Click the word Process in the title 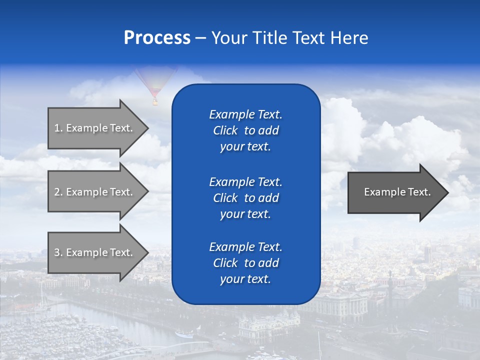(157, 38)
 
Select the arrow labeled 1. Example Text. (95, 128)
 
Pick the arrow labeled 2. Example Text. (95, 192)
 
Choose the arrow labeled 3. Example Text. (95, 252)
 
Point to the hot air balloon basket (155, 102)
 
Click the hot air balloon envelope (155, 80)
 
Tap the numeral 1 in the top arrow (57, 128)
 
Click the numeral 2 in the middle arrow (57, 192)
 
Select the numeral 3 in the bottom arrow (57, 252)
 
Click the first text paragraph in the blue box (245, 130)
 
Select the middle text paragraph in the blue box (245, 198)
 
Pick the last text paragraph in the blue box (245, 263)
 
